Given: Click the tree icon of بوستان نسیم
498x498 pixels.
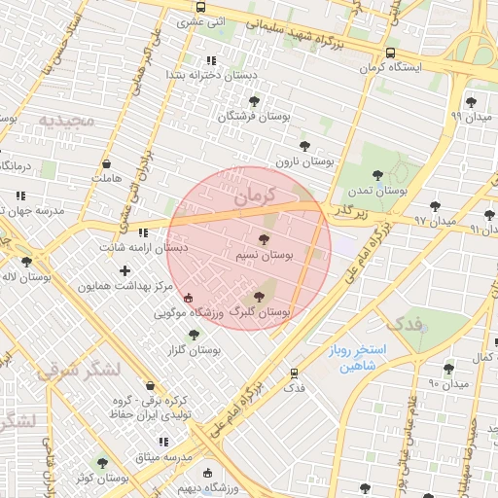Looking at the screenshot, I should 265,238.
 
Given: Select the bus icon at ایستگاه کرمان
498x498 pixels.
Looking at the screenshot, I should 390,53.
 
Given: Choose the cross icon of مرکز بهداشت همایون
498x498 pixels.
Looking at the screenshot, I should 124,270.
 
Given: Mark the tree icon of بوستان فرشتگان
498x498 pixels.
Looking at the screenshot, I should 254,101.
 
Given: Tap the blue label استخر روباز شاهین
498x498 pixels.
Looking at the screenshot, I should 358,358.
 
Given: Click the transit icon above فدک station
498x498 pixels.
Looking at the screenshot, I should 294,372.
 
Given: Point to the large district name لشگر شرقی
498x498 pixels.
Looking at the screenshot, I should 77,371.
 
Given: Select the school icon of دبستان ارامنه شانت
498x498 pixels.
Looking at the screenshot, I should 144,232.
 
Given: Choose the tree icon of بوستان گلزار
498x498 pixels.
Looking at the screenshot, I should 194,335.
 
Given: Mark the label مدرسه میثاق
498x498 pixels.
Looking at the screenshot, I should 164,457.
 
